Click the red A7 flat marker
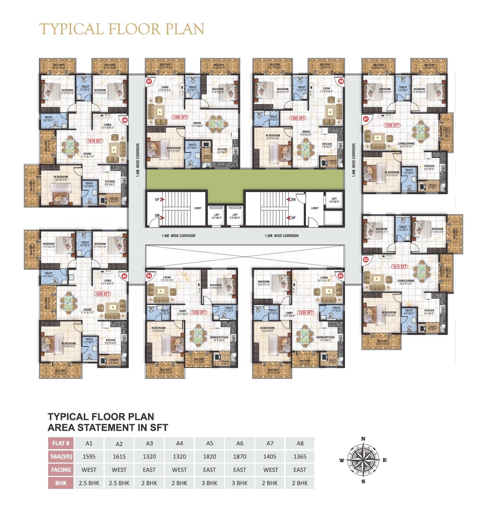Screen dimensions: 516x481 (149, 81)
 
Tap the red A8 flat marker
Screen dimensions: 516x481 (341, 81)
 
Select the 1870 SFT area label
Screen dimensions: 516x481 (95, 141)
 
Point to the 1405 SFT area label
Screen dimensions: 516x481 (180, 117)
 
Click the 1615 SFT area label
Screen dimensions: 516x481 (399, 267)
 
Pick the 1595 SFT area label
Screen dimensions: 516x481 (392, 125)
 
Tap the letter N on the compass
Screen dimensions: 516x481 (363, 439)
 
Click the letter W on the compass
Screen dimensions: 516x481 (341, 460)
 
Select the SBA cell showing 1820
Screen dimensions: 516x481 (210, 457)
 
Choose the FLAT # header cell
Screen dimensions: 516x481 (61, 443)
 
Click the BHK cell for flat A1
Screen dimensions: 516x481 (89, 483)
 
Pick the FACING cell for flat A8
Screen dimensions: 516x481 (300, 470)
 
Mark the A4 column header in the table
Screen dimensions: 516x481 (179, 443)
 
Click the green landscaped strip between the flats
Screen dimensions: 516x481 (245, 179)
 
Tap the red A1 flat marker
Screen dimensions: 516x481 (366, 119)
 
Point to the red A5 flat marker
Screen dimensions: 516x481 (124, 276)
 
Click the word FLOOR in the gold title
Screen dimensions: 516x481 (136, 29)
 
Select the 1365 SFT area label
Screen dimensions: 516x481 (297, 118)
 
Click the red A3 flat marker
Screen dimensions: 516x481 (340, 276)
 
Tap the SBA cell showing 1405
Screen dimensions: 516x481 (270, 457)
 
